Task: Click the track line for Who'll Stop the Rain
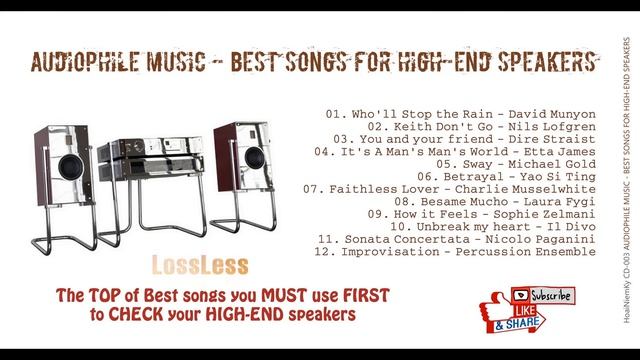[461, 114]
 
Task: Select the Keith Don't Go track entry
[482, 127]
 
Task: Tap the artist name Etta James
[560, 152]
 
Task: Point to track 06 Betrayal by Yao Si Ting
[507, 177]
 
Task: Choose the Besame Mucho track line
[495, 202]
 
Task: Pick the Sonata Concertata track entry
[457, 239]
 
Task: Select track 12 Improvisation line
[455, 252]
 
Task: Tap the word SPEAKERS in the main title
[547, 62]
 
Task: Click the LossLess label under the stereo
[200, 265]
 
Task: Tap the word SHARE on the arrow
[522, 323]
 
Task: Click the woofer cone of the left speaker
[71, 167]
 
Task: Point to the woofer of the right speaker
[255, 157]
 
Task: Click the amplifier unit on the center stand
[150, 158]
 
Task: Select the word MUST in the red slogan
[284, 295]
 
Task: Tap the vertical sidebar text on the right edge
[627, 180]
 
